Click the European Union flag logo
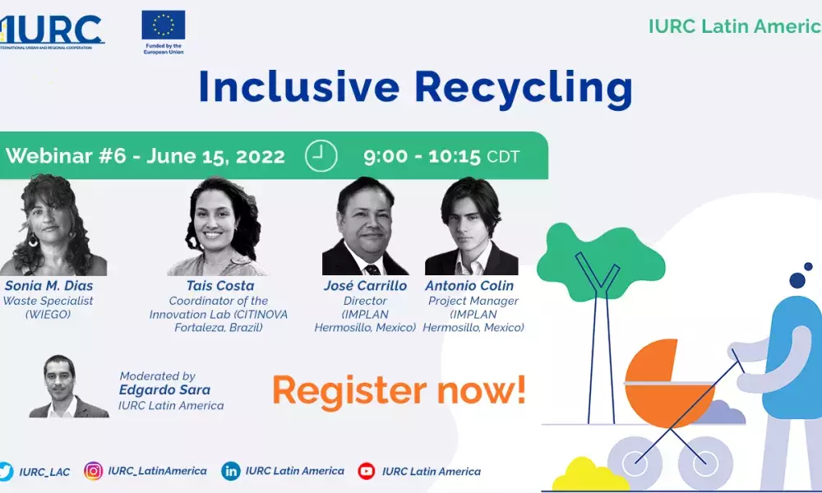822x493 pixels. click(164, 25)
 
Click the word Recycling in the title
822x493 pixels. click(524, 87)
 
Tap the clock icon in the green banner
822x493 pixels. click(321, 155)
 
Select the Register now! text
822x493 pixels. click(399, 390)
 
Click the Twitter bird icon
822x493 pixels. click(6, 471)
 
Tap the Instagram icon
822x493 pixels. click(94, 471)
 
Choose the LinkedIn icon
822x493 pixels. click(231, 471)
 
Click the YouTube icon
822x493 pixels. click(367, 471)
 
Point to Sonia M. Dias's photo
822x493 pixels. click(53, 225)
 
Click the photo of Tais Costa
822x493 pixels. click(218, 226)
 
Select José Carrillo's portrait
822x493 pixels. click(365, 226)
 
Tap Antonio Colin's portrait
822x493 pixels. click(471, 226)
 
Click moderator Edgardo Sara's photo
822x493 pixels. click(68, 386)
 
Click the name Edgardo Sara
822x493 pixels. click(164, 389)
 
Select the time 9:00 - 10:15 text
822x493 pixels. click(422, 156)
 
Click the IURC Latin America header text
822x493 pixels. click(735, 26)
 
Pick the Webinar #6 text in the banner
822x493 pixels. click(66, 155)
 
